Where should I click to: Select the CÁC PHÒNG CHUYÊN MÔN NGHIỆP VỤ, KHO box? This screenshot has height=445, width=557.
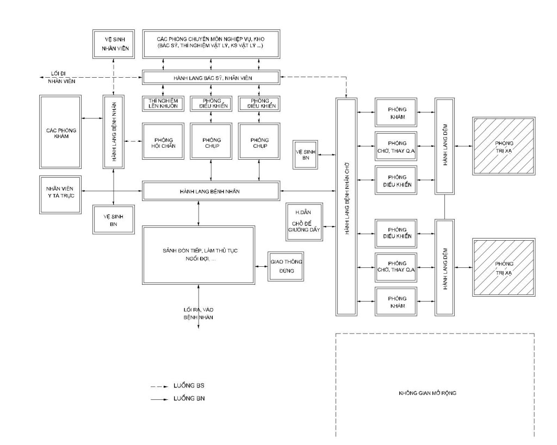tap(211, 43)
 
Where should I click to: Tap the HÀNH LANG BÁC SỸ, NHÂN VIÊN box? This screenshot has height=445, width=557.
tap(211, 78)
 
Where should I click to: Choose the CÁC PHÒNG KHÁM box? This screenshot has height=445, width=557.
tap(60, 132)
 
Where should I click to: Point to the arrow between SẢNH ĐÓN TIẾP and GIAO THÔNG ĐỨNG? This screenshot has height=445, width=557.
tap(261, 266)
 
